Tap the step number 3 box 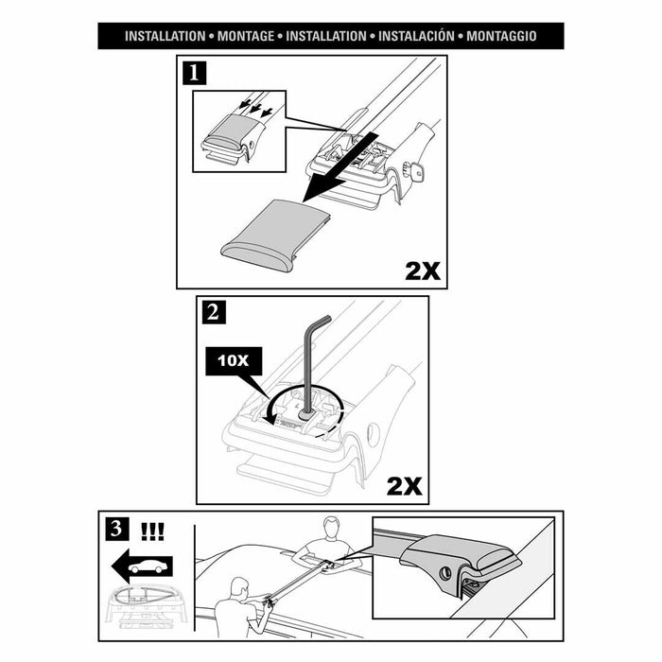(115, 527)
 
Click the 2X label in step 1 (422, 270)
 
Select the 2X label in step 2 (404, 486)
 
